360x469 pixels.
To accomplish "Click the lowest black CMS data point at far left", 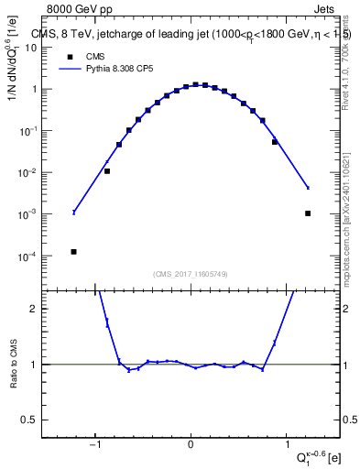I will [73, 251].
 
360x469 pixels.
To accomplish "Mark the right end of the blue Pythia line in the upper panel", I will [308, 188].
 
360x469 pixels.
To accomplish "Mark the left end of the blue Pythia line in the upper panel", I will [73, 212].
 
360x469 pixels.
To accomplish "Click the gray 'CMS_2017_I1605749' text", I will [190, 274].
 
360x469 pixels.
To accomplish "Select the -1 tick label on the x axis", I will [93, 447].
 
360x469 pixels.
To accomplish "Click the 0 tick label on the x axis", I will [191, 447].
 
